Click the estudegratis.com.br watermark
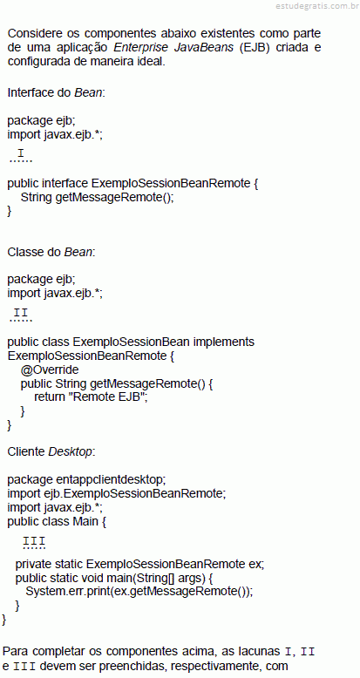(x=316, y=6)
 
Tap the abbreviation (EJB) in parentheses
(x=254, y=47)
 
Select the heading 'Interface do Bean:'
(x=56, y=92)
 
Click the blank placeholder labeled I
(x=21, y=156)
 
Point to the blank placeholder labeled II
(x=21, y=315)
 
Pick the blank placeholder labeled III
(x=34, y=543)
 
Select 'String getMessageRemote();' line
(x=97, y=198)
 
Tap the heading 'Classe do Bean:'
(x=51, y=252)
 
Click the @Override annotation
(x=50, y=370)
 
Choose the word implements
(x=224, y=342)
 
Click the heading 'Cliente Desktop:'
(x=51, y=452)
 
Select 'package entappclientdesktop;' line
(x=86, y=479)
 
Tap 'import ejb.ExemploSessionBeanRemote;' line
(x=117, y=493)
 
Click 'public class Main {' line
(x=57, y=521)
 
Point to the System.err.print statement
(x=139, y=592)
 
